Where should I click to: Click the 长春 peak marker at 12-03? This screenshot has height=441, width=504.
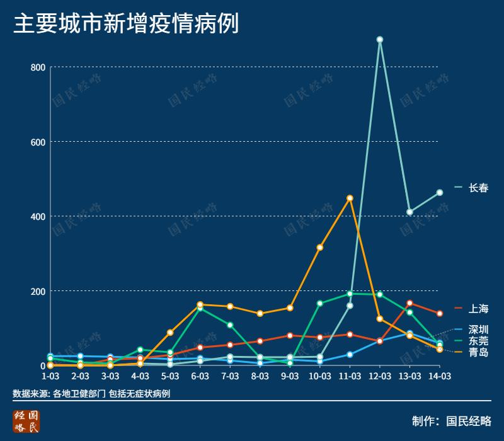pyautogui.click(x=380, y=40)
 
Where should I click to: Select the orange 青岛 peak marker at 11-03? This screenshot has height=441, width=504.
pyautogui.click(x=350, y=198)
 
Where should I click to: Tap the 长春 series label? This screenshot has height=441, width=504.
pyautogui.click(x=478, y=188)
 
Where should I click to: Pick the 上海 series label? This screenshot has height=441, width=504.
pyautogui.click(x=478, y=309)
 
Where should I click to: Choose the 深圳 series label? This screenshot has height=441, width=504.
pyautogui.click(x=478, y=329)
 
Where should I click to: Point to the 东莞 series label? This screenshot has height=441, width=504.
pyautogui.click(x=478, y=341)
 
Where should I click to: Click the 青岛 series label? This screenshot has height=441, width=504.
pyautogui.click(x=478, y=352)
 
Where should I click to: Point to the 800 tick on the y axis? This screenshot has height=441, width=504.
pyautogui.click(x=38, y=67)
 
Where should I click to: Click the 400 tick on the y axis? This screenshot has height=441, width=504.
pyautogui.click(x=38, y=217)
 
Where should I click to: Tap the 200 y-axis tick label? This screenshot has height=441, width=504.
pyautogui.click(x=38, y=291)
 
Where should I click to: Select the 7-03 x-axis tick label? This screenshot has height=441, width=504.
pyautogui.click(x=230, y=376)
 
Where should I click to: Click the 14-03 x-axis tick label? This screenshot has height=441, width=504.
pyautogui.click(x=439, y=376)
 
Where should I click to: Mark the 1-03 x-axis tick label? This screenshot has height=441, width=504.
pyautogui.click(x=50, y=376)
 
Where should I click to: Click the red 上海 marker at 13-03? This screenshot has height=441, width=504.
pyautogui.click(x=409, y=303)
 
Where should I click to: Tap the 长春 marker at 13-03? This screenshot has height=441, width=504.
pyautogui.click(x=409, y=212)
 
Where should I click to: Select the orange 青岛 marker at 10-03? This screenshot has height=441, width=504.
pyautogui.click(x=320, y=248)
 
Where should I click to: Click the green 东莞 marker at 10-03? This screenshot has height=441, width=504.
pyautogui.click(x=320, y=304)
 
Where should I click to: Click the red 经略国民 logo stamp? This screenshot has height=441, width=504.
pyautogui.click(x=26, y=421)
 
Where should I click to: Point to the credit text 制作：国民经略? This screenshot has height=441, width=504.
pyautogui.click(x=451, y=421)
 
